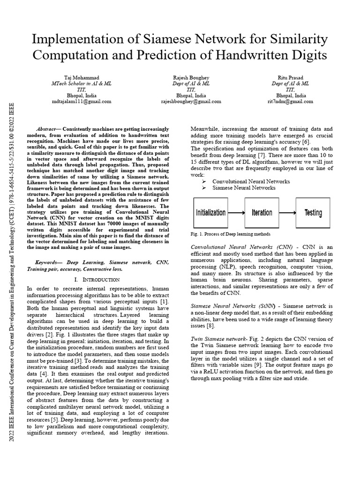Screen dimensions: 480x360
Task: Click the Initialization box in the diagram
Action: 210,212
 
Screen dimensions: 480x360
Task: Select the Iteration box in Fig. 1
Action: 262,212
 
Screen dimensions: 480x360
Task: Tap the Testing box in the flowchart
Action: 313,212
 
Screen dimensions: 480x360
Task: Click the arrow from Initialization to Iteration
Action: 236,212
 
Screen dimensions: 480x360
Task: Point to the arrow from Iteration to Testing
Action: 287,212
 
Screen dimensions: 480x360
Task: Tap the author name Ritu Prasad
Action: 291,77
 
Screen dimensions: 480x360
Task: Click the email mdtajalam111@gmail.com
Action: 81,101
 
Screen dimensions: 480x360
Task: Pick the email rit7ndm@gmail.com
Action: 291,101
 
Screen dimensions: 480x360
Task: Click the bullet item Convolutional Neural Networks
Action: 251,181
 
